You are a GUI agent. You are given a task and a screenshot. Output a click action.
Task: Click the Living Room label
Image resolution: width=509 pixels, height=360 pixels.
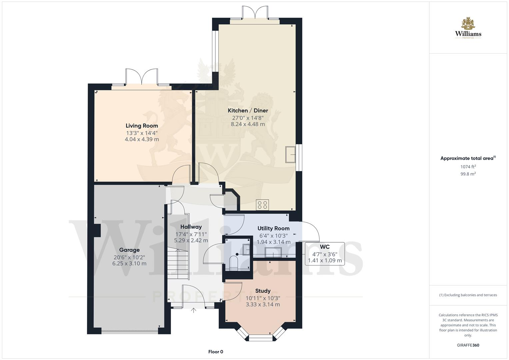coord(142,126)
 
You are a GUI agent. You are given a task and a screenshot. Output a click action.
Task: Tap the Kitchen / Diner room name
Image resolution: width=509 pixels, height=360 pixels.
coord(248,110)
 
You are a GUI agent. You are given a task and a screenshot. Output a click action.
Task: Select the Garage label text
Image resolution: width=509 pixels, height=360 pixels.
coord(129,250)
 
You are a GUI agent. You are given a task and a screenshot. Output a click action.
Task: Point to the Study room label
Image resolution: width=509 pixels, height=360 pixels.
coord(263,291)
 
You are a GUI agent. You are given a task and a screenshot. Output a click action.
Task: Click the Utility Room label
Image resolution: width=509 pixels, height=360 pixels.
coord(273,228)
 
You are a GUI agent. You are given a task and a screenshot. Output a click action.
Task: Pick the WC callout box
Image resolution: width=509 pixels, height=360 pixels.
coord(325,254)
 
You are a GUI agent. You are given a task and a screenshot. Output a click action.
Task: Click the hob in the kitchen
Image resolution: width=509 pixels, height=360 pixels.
coord(262,205)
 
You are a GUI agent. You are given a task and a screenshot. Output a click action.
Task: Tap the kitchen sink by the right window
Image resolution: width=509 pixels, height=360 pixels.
coord(290,154)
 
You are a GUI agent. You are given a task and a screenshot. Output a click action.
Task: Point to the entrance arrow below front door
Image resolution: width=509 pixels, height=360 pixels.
coord(193,311)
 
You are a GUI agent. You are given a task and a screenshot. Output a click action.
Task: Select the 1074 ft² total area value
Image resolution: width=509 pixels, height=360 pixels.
coord(468,167)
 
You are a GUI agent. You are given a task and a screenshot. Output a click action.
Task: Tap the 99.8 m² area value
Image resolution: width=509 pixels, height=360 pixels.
coord(468,174)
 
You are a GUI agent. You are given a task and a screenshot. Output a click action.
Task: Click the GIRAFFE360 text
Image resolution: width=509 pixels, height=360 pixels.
coord(468,345)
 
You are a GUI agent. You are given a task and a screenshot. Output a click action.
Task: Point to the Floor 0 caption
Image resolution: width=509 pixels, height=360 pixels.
coord(216,352)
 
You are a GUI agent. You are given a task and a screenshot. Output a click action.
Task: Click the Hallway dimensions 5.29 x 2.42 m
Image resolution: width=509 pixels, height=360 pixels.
coord(191,240)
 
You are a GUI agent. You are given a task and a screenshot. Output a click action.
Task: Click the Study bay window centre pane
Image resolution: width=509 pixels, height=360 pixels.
coord(261,339)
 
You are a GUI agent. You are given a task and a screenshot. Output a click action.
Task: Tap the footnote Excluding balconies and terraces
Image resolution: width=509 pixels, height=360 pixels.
coord(468,295)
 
